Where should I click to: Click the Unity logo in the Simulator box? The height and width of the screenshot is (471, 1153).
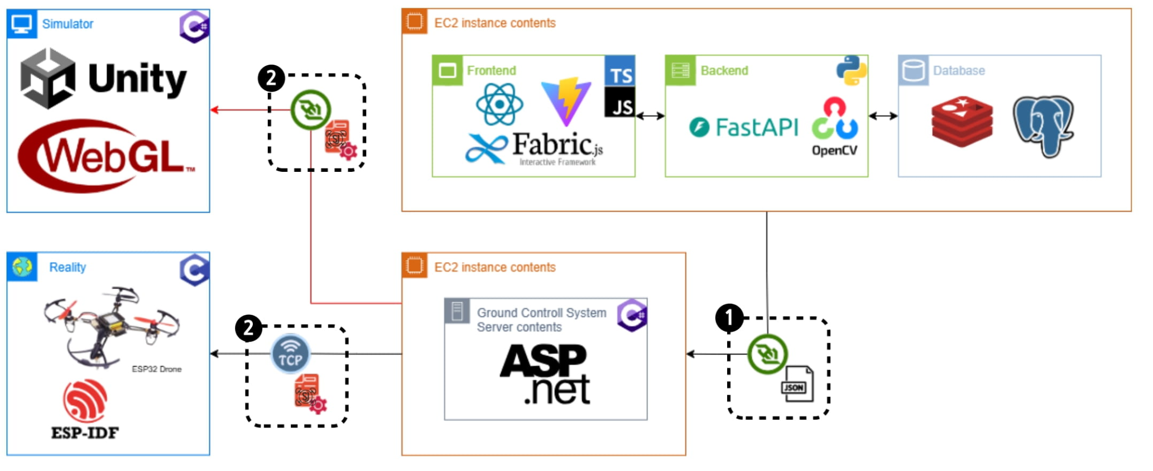[x=103, y=78]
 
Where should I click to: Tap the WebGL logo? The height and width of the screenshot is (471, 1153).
[x=106, y=156]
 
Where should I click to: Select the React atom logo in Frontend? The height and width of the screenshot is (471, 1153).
[x=499, y=104]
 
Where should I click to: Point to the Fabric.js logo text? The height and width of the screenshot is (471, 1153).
[x=535, y=147]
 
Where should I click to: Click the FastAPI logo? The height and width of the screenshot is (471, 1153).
[x=743, y=127]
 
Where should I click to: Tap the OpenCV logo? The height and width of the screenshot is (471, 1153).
[x=835, y=127]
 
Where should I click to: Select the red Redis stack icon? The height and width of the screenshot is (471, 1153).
[x=962, y=121]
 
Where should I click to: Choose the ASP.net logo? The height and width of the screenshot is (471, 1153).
[x=545, y=374]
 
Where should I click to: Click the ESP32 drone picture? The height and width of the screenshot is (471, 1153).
[x=112, y=326]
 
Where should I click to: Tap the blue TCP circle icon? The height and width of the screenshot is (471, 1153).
[x=290, y=354]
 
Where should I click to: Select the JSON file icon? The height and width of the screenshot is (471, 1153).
[x=796, y=384]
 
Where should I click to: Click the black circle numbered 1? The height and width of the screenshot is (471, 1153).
[x=729, y=318]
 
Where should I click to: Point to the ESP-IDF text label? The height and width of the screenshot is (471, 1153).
[x=85, y=432]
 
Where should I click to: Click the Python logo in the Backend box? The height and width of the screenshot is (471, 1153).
[x=851, y=70]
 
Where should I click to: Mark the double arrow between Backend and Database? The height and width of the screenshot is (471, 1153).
[x=883, y=116]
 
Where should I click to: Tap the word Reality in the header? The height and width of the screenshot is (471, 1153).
[x=68, y=267]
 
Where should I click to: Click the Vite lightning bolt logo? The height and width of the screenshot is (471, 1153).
[x=566, y=101]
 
